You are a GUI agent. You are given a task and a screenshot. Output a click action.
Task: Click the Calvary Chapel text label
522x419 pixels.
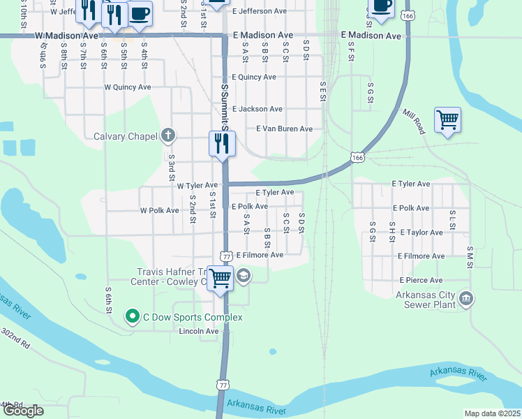point(125,136)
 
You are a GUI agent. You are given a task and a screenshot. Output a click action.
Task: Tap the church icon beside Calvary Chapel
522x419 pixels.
point(167,135)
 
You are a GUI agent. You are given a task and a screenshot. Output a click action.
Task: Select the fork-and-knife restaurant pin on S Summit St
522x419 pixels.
point(222,144)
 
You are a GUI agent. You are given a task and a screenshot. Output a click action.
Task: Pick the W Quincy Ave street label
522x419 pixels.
point(127,88)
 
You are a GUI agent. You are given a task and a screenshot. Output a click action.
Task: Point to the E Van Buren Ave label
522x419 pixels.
point(284,129)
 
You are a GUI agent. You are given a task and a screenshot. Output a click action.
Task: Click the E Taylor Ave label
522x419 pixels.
point(420,233)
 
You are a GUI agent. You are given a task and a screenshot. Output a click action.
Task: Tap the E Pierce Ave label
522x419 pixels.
point(422,280)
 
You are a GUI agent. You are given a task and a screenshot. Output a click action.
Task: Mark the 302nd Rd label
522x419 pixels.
point(15,339)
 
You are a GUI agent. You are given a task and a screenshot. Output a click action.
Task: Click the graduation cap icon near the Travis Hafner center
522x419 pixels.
point(243,276)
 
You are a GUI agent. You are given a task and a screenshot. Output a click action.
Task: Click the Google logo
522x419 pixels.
point(23,411)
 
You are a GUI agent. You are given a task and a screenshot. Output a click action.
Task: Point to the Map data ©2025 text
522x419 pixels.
point(492,413)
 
